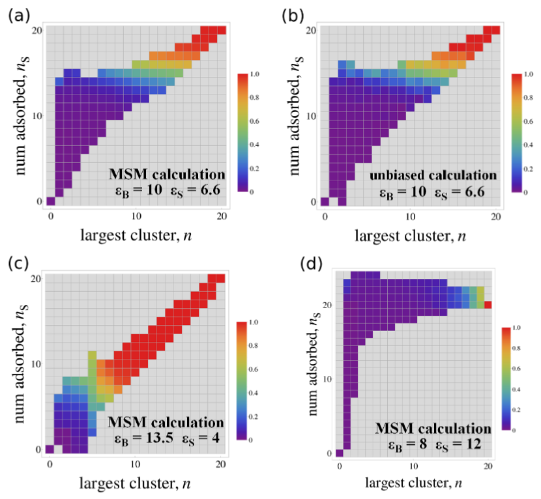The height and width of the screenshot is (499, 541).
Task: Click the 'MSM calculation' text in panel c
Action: [167, 422]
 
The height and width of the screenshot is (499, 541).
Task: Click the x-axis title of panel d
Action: [414, 483]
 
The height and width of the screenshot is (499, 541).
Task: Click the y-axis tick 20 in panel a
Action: [38, 30]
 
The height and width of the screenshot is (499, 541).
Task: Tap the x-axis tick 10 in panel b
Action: [410, 215]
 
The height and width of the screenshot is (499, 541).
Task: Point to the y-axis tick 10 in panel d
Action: [329, 378]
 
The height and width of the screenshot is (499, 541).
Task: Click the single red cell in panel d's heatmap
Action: [488, 304]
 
